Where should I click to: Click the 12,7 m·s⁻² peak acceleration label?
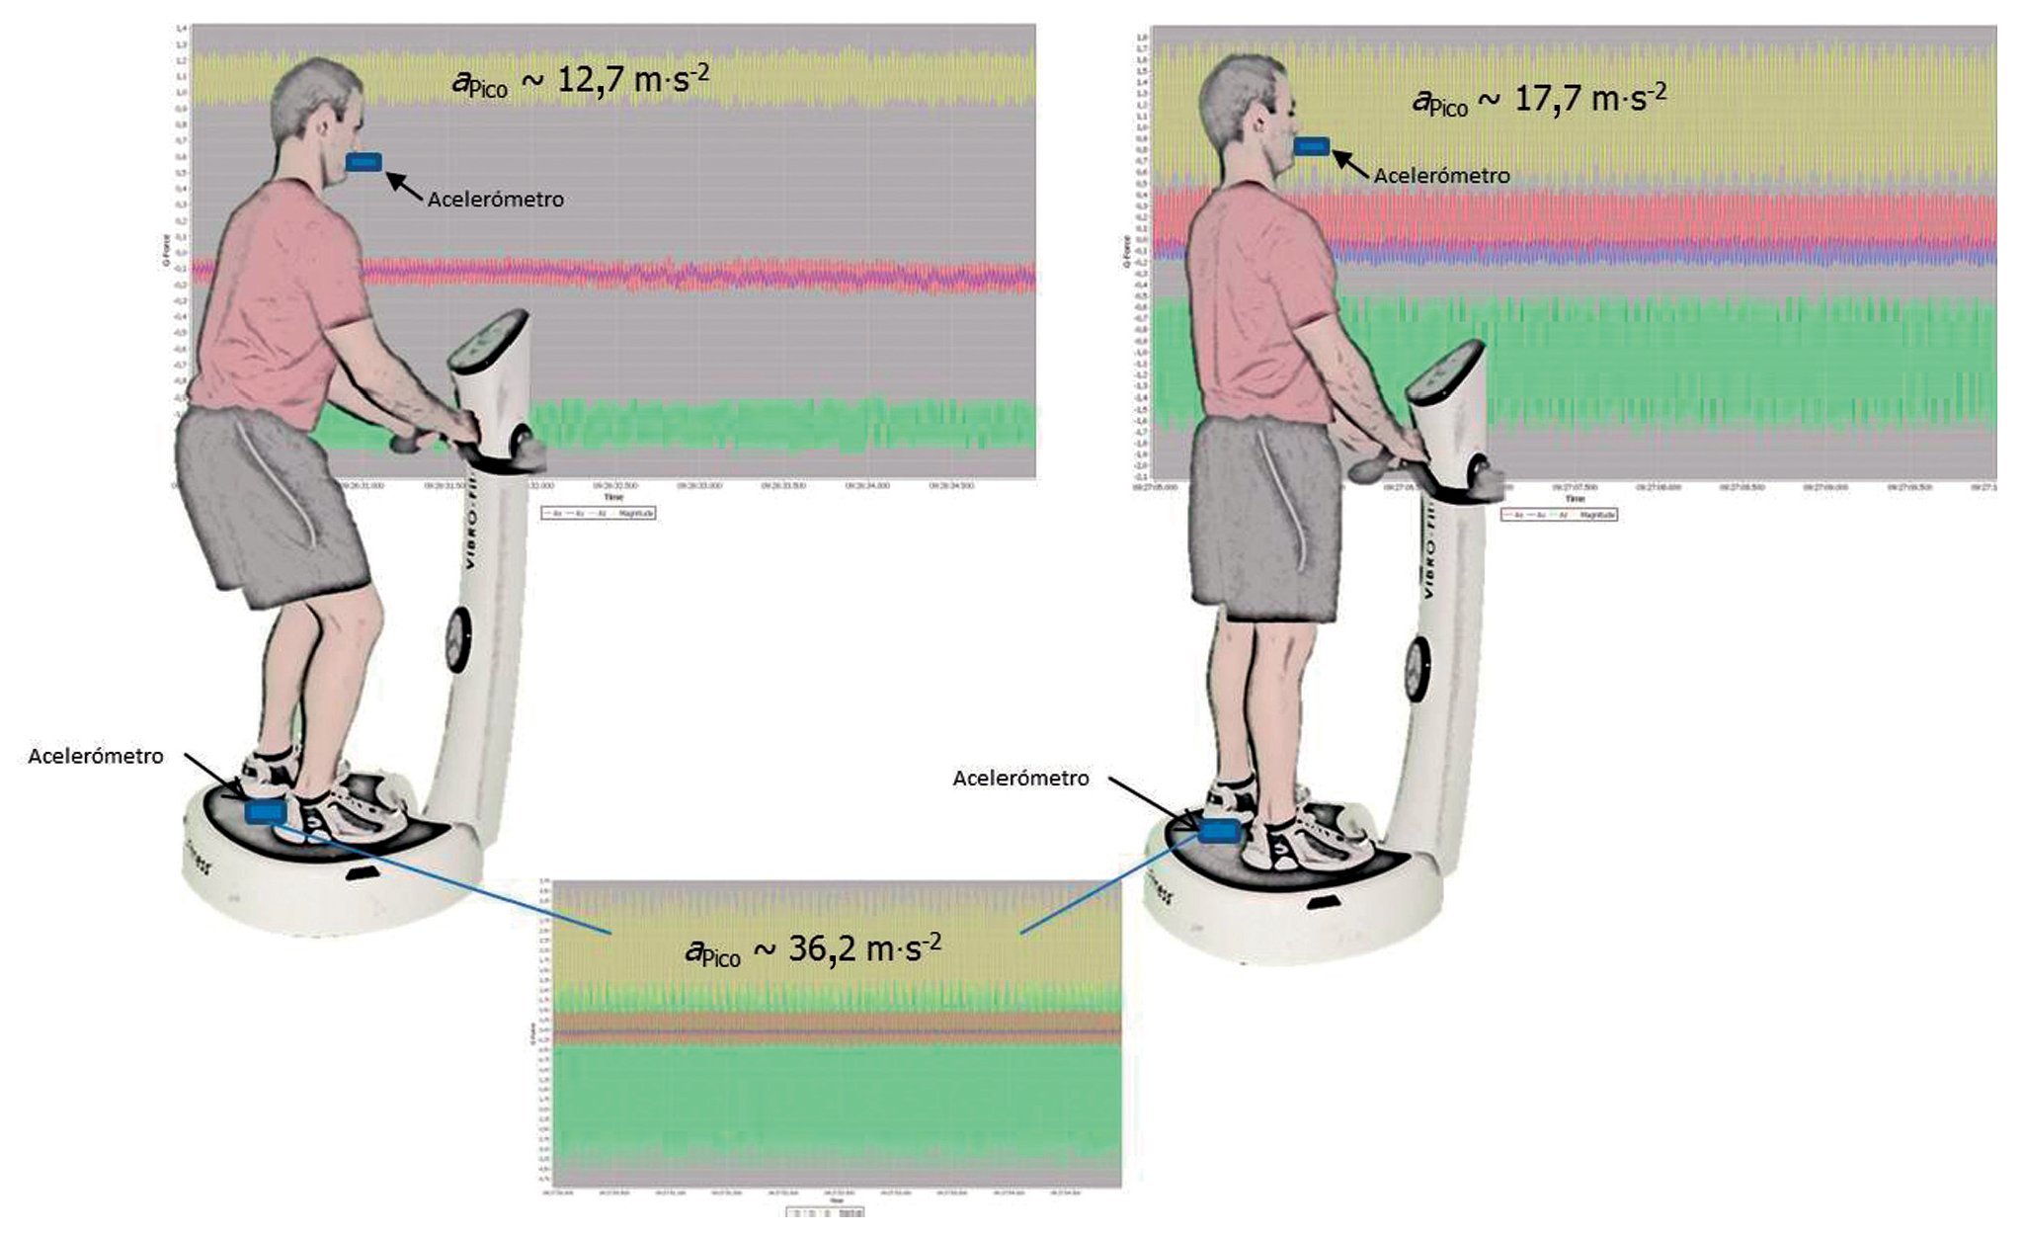[581, 80]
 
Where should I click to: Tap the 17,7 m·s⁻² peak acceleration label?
[1539, 100]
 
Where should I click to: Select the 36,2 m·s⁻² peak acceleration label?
[812, 949]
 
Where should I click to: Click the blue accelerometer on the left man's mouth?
[364, 162]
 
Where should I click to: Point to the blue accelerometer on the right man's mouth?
[1313, 147]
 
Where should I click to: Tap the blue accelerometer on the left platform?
[265, 811]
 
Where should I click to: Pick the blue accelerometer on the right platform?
[1219, 831]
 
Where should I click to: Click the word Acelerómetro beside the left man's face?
[495, 200]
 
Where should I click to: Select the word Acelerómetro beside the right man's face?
[1441, 176]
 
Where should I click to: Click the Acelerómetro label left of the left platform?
[96, 757]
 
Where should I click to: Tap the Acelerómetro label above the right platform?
[1020, 779]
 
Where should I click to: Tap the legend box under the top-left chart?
[598, 514]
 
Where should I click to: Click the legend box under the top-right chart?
[1559, 515]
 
